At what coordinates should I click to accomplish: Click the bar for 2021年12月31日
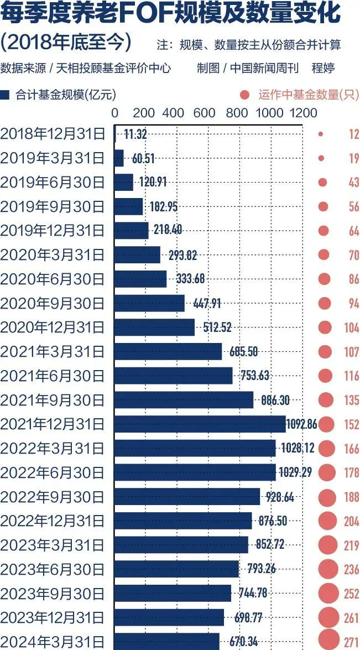[200, 424]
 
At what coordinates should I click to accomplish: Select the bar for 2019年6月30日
[124, 182]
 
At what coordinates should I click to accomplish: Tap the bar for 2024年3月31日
[166, 641]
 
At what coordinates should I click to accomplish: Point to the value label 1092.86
[301, 424]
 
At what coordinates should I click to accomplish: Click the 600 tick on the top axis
[205, 113]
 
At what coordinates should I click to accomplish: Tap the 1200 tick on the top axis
[302, 113]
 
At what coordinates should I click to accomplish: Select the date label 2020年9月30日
[53, 303]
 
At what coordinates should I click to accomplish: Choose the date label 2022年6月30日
[53, 472]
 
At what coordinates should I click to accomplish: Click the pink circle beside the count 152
[326, 424]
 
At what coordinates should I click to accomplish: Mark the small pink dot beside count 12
[321, 134]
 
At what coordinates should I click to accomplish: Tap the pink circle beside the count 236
[327, 569]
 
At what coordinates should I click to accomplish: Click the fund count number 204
[351, 521]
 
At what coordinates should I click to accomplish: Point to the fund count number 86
[353, 279]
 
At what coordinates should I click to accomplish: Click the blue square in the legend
[6, 95]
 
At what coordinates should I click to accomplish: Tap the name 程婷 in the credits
[324, 68]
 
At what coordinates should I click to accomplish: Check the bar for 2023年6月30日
[176, 569]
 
